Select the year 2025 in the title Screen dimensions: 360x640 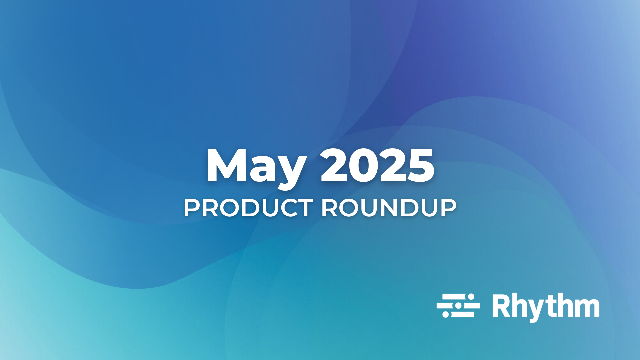[x=377, y=166]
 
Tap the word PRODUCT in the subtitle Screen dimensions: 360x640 [x=248, y=208]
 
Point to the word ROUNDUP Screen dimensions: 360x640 [x=389, y=208]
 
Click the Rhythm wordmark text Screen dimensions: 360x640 [x=546, y=306]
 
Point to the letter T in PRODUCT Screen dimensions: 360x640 [x=304, y=208]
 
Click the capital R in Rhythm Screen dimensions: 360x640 [x=500, y=305]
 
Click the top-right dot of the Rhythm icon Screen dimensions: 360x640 [x=471, y=296]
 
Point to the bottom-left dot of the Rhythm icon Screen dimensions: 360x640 [x=445, y=314]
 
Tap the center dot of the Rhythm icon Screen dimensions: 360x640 [x=458, y=305]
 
